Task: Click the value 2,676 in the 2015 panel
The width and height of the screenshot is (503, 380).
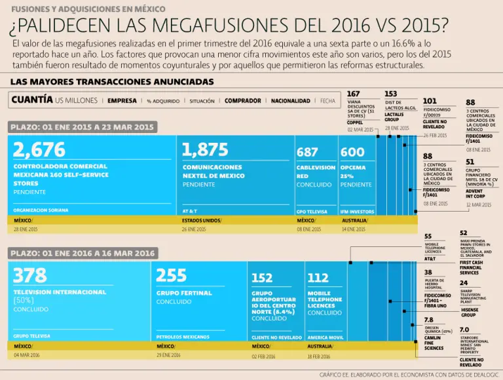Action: coord(39,150)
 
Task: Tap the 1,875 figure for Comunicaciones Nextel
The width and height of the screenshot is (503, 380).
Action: coord(205,150)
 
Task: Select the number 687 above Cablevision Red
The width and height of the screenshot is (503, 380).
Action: coord(307,152)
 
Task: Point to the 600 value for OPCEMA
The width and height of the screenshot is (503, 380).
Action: coord(352,152)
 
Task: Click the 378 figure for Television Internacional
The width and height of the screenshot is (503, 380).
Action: coord(30,275)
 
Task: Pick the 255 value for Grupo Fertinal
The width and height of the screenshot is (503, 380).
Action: coord(172,275)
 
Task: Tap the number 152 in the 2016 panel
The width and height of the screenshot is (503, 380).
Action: coord(262,278)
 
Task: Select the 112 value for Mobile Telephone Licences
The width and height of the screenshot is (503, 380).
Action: coord(318,278)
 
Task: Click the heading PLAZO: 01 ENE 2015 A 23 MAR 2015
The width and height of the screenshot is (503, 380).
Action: coord(82,127)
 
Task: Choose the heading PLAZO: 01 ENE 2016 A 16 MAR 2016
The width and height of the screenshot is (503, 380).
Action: coord(82,253)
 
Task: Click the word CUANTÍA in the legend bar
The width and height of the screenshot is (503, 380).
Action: coord(32,100)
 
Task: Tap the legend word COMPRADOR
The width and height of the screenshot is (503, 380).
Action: coord(243,101)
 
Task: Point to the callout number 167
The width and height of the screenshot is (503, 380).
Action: coord(354,94)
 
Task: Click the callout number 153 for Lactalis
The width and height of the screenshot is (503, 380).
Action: coord(391,94)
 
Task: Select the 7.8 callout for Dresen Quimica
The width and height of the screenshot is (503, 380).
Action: coord(429,320)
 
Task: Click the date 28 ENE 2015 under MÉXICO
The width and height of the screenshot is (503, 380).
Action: coord(26,229)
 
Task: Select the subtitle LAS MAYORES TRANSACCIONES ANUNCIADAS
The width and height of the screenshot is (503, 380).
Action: coord(112,82)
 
